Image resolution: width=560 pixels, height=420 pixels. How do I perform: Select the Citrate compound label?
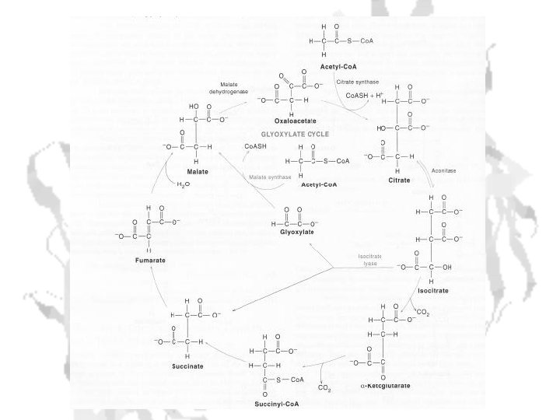pyautogui.click(x=399, y=180)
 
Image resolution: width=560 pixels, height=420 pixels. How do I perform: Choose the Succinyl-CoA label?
pyautogui.click(x=275, y=404)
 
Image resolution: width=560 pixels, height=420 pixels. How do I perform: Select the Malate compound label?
pyautogui.click(x=197, y=170)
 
